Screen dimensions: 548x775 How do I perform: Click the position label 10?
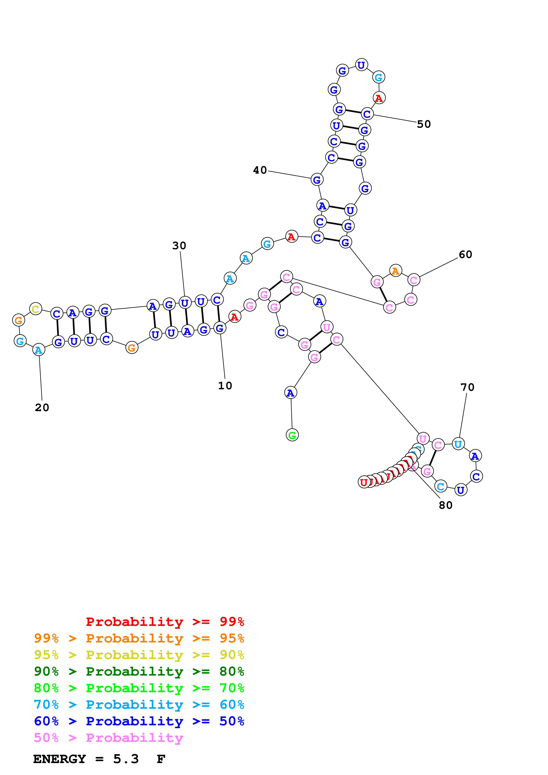pos(225,386)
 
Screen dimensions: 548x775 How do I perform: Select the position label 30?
pos(179,246)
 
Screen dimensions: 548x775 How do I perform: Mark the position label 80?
pos(445,505)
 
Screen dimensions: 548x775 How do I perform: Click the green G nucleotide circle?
pos(292,435)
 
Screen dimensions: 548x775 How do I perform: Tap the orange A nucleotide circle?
pos(395,270)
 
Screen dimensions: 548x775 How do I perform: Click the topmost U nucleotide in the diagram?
pos(361,65)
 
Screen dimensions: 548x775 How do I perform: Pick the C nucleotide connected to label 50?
pos(367,114)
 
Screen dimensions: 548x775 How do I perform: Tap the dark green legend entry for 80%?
pos(139,671)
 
